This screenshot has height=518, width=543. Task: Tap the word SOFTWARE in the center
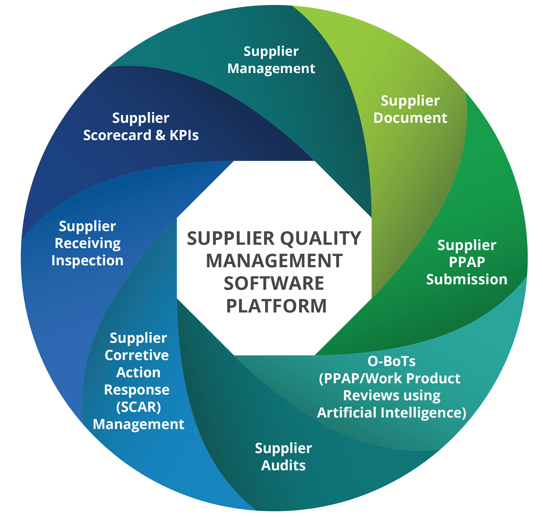274,283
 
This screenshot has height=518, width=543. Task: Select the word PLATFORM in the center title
276,306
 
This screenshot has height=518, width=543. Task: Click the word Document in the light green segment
410,118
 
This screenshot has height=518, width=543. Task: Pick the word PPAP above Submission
467,262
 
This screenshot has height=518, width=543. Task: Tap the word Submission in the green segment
467,279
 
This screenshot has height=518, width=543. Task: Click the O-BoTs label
391,361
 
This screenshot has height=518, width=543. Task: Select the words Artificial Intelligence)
392,413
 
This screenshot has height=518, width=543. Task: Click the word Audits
283,465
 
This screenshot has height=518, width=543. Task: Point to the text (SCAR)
138,407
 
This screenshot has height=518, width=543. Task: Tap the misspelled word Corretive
137,355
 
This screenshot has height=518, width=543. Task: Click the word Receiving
87,243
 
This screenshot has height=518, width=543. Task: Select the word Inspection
87,261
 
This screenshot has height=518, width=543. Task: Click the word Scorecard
117,135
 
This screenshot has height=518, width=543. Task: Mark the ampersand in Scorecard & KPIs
160,135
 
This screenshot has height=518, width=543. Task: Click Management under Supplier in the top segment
271,68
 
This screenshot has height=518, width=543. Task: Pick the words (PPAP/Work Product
390,378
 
